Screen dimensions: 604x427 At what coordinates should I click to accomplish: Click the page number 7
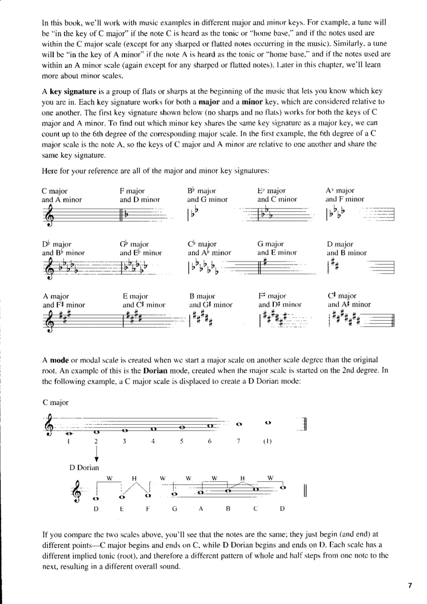coord(410,585)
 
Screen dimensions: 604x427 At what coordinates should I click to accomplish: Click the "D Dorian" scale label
coord(84,468)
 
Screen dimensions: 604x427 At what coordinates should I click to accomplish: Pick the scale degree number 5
coord(182,441)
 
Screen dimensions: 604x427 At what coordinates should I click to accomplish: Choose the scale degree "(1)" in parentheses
coord(268,441)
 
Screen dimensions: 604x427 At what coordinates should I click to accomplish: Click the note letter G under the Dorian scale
coord(175,508)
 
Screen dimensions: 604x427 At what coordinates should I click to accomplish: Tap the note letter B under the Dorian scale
coord(228,508)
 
